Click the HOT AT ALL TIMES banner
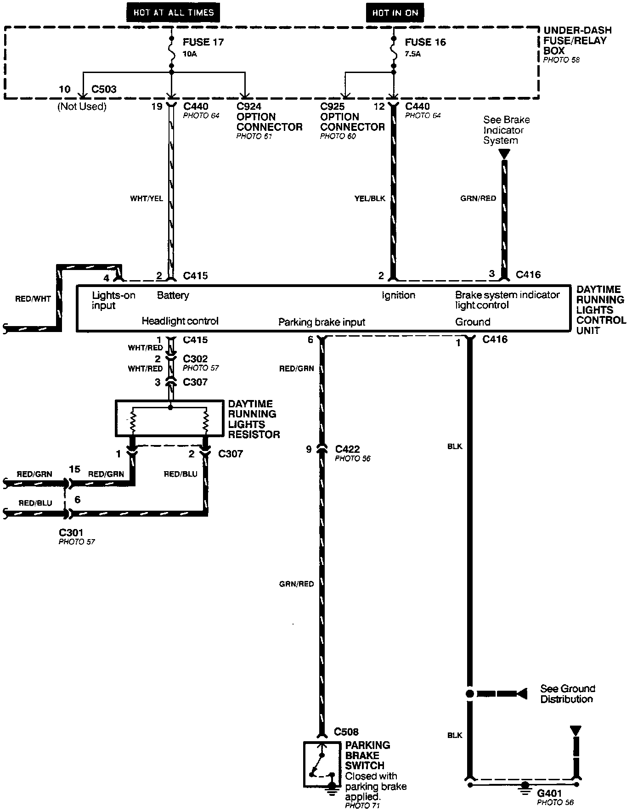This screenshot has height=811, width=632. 174,12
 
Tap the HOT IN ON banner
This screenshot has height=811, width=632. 395,13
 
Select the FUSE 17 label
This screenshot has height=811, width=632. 203,42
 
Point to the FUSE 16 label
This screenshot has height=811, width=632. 425,42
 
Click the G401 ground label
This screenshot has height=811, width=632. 549,793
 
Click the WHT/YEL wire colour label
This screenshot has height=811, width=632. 147,199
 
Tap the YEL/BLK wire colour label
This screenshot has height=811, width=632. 370,198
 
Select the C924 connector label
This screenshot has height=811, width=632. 249,107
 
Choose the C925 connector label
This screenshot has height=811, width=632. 333,107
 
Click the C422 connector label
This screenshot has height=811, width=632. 348,449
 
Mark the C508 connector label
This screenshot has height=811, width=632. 346,732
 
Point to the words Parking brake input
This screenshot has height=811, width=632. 322,322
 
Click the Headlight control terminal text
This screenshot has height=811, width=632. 180,321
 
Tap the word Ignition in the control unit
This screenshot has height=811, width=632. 398,295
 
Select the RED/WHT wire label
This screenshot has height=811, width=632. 33,299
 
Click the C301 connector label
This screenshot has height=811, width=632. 71,533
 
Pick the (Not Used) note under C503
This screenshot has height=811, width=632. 82,107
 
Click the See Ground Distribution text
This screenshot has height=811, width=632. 567,694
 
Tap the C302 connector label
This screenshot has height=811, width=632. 195,359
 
